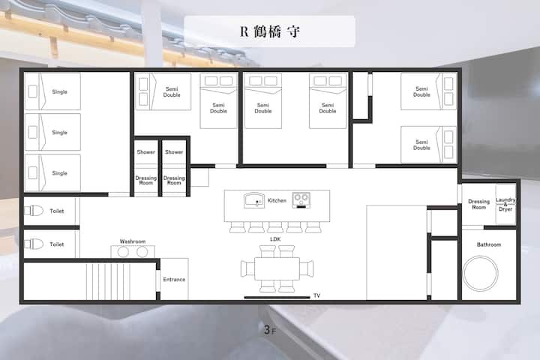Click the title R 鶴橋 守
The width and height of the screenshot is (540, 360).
tap(270, 31)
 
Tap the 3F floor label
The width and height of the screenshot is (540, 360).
tap(270, 330)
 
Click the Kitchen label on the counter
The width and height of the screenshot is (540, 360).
tap(277, 200)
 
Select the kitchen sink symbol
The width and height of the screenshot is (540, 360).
tap(254, 200)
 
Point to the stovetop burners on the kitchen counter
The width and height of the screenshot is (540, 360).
tap(301, 200)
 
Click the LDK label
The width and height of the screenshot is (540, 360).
tap(275, 239)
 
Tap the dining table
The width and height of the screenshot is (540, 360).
tap(277, 268)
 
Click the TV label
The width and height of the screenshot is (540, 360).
tap(316, 295)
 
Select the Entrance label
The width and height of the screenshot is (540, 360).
tap(174, 280)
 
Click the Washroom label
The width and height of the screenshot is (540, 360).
tap(133, 241)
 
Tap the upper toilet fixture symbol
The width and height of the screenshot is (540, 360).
tap(34, 211)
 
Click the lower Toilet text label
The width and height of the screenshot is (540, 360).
tap(57, 244)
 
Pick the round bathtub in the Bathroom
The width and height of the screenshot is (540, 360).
tap(480, 272)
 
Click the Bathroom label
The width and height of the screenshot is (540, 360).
tap(489, 244)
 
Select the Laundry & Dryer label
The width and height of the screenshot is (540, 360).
tap(505, 204)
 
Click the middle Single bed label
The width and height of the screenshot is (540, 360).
tap(59, 132)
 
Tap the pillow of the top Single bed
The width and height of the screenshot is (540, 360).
tap(33, 91)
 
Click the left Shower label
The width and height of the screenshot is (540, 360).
tap(146, 152)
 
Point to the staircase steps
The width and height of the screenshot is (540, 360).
tap(108, 281)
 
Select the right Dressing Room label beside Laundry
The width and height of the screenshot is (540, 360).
tap(478, 204)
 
